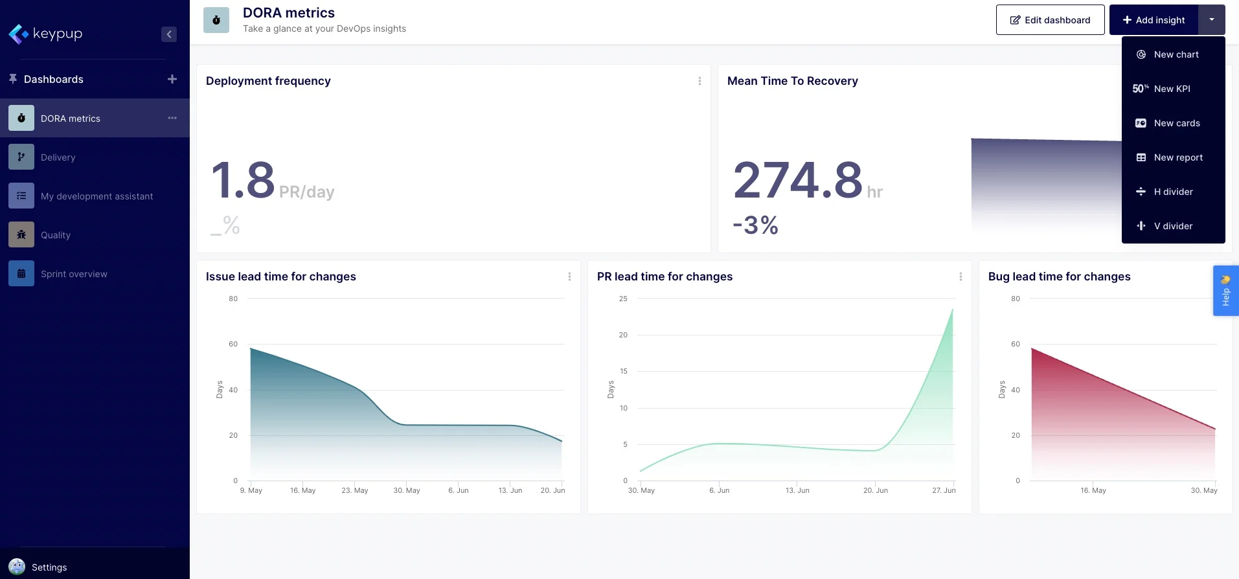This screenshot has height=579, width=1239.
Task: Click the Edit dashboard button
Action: click(x=1050, y=20)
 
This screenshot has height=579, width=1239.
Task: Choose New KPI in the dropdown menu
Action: click(x=1172, y=89)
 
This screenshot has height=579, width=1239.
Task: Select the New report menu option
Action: click(x=1177, y=157)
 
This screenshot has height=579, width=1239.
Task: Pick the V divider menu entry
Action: click(x=1172, y=226)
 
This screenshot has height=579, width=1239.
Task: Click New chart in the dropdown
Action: click(x=1176, y=54)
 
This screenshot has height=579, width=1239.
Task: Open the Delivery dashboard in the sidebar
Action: click(x=58, y=157)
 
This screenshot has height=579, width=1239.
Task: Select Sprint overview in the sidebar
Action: click(x=74, y=274)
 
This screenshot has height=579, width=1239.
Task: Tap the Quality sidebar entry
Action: click(x=56, y=235)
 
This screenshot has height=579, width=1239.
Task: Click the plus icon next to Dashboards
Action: click(x=172, y=79)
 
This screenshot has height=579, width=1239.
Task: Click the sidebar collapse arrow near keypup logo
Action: click(x=169, y=34)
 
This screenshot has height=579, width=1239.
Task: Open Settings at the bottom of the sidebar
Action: click(x=49, y=567)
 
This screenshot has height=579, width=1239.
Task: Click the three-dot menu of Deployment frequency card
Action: click(x=699, y=81)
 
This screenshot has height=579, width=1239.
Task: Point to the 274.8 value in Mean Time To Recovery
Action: click(x=797, y=181)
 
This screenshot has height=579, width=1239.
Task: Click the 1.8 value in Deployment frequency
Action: click(x=244, y=181)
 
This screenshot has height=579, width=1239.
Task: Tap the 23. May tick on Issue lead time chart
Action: click(x=354, y=490)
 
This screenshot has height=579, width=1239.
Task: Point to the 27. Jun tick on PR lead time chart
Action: click(x=944, y=490)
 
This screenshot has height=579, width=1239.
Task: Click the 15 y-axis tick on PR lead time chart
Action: click(x=623, y=371)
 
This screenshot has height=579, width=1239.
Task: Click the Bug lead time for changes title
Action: click(x=1059, y=277)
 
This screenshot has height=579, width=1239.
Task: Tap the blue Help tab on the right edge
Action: click(x=1225, y=291)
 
